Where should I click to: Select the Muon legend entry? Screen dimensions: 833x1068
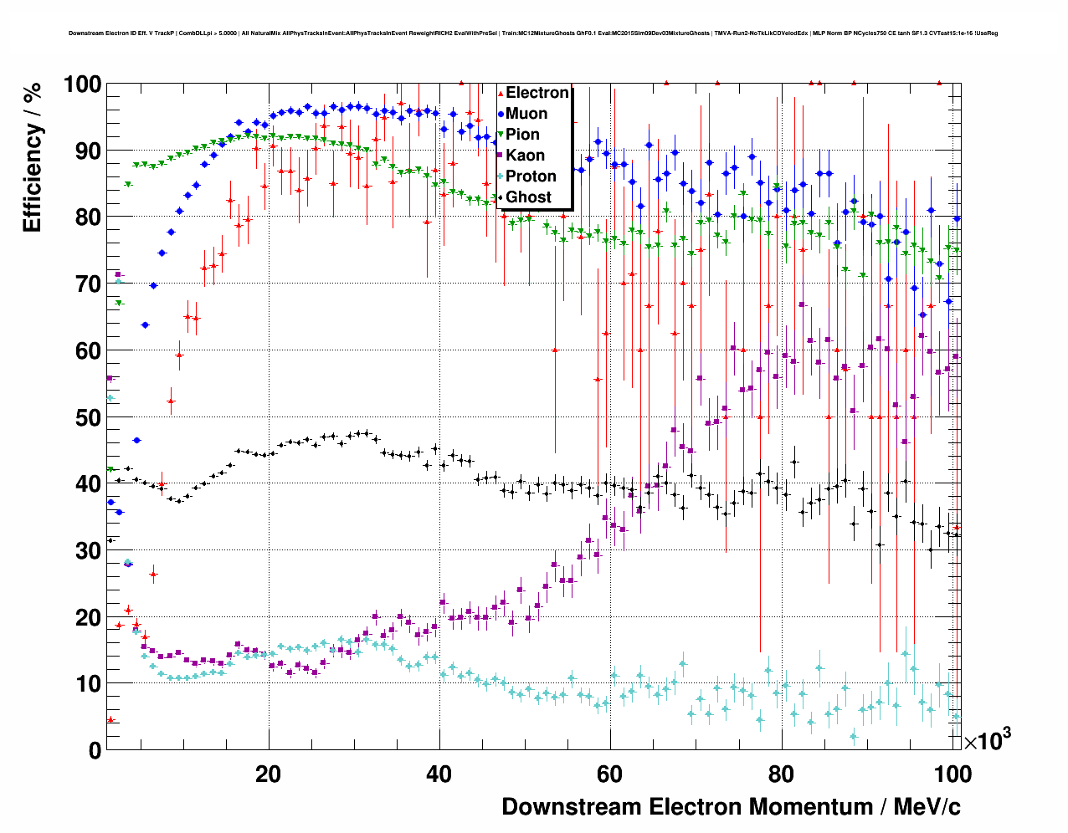(526, 114)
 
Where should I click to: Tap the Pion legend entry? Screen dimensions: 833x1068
(522, 135)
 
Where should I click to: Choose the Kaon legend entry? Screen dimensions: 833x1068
(525, 156)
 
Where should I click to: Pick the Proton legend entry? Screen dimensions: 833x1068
(531, 176)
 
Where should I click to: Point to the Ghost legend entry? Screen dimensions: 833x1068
(528, 197)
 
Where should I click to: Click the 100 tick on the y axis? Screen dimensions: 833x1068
(82, 84)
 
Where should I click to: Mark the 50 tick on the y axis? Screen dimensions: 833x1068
(88, 417)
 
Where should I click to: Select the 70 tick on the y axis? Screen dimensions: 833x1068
(88, 284)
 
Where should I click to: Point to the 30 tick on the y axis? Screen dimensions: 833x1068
(88, 550)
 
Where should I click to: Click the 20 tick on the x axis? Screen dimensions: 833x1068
(268, 774)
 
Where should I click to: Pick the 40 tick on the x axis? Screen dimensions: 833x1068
(439, 774)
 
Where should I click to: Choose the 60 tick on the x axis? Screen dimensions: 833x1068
(610, 774)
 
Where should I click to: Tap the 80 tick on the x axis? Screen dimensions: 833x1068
(782, 774)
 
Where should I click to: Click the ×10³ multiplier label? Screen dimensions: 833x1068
(987, 739)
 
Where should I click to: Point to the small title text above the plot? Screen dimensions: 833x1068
(532, 33)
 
